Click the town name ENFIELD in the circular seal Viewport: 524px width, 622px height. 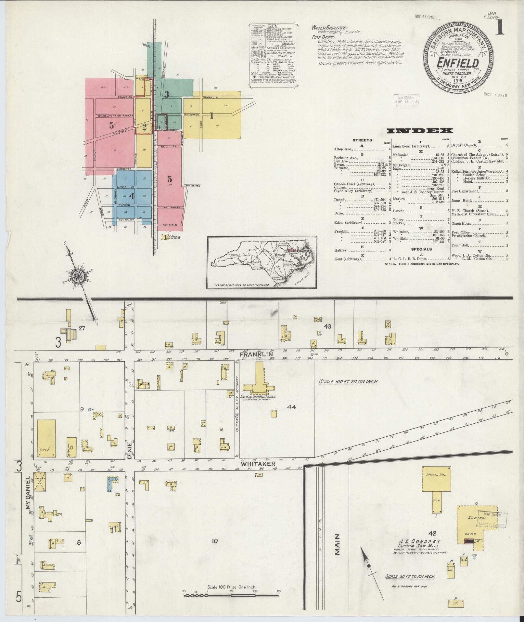tap(458, 63)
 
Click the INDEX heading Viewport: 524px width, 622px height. tap(420, 131)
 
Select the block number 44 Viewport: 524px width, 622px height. tap(291, 407)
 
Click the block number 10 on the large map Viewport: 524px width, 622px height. tap(214, 541)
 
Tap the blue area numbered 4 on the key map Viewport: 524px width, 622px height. tap(131, 196)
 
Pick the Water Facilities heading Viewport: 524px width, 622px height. tap(329, 28)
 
